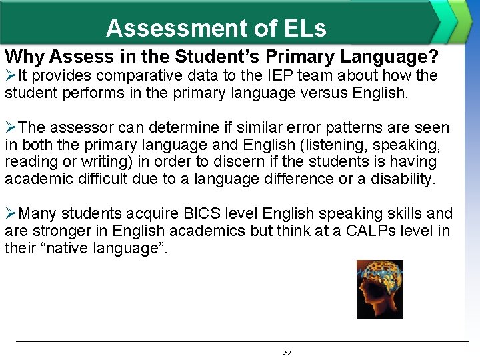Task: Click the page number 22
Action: pyautogui.click(x=287, y=353)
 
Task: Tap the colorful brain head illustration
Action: pyautogui.click(x=379, y=289)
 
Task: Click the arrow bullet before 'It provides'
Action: pyautogui.click(x=11, y=75)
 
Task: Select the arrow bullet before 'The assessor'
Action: pyautogui.click(x=11, y=127)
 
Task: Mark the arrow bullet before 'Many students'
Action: pyautogui.click(x=11, y=214)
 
